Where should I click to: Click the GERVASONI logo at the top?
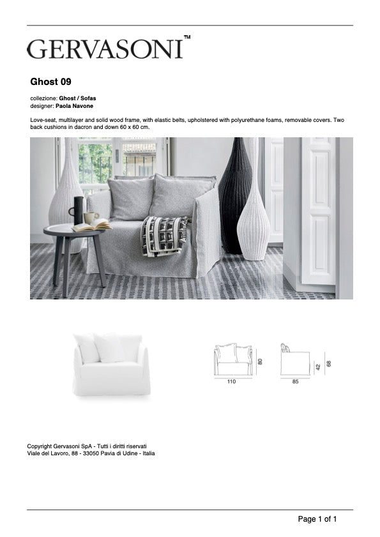click(108, 49)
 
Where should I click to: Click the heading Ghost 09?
click(50, 82)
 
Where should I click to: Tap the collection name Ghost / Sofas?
click(78, 98)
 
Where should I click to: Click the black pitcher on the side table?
click(78, 210)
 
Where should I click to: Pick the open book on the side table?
click(91, 226)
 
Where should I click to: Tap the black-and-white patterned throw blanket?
click(163, 235)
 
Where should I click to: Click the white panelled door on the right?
click(318, 211)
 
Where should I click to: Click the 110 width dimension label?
click(231, 382)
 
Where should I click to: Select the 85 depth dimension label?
click(294, 382)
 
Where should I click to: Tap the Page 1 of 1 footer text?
click(317, 519)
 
